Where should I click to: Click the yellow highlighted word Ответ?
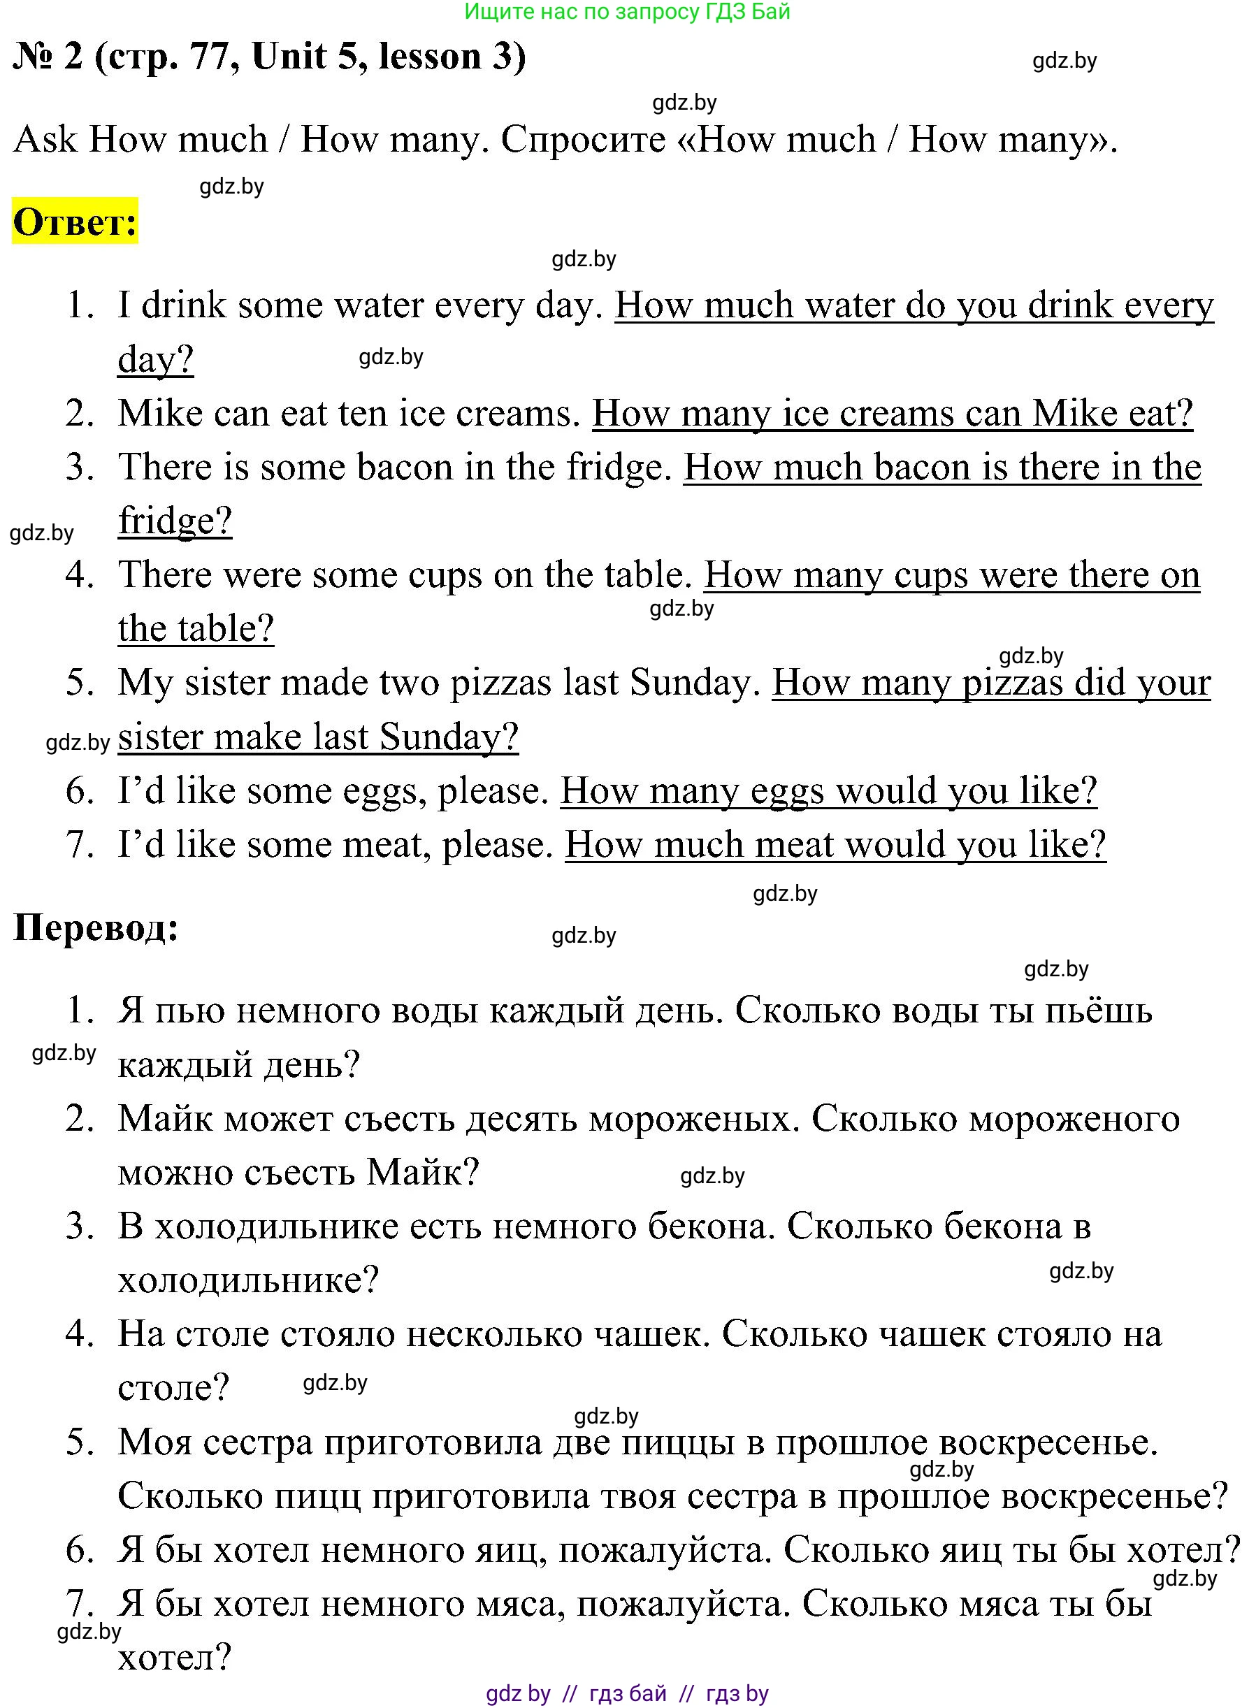coord(75,223)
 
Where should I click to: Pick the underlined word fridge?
coord(175,521)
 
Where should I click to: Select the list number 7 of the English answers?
coord(80,844)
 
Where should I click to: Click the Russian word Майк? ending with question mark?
coord(423,1172)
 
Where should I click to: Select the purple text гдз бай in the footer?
coord(627,1693)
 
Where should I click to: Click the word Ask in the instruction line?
coord(45,140)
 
